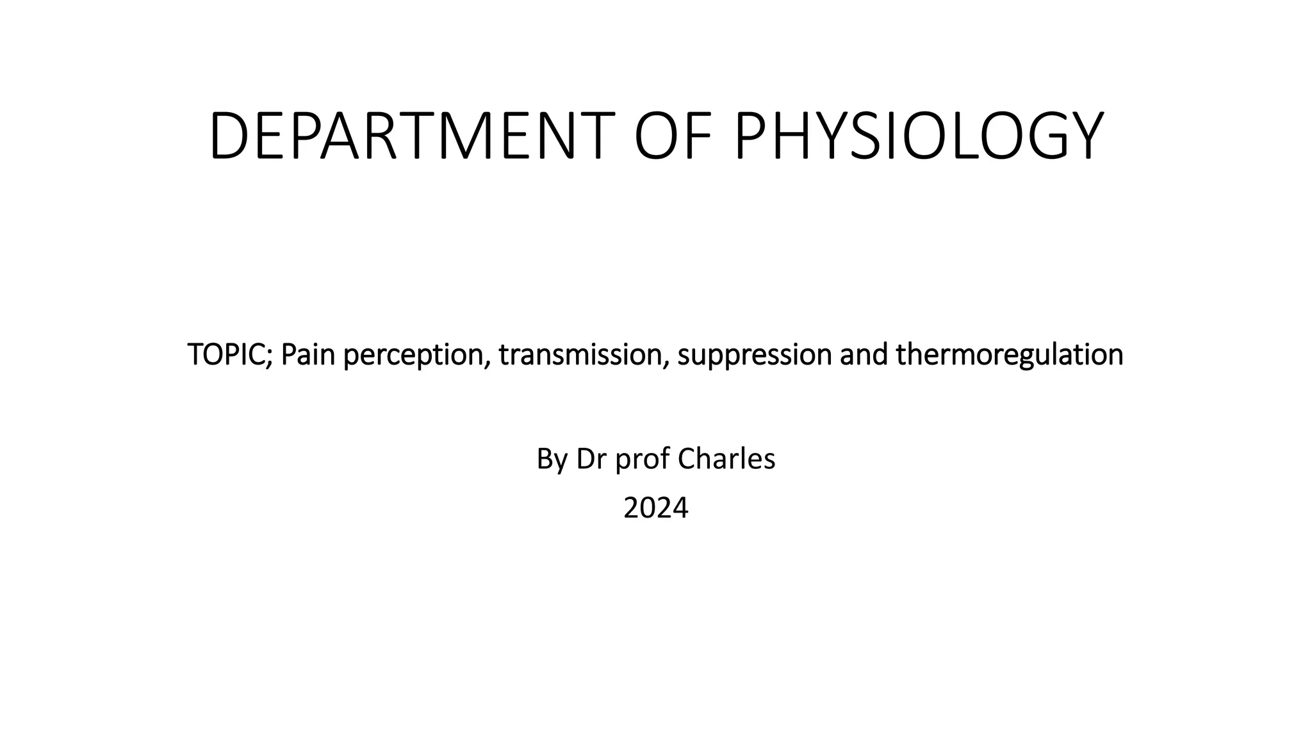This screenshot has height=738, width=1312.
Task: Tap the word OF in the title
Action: click(x=674, y=136)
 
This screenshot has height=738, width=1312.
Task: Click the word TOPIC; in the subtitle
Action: click(x=231, y=354)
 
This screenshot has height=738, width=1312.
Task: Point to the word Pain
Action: click(x=308, y=354)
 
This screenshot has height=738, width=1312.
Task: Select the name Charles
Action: click(x=726, y=459)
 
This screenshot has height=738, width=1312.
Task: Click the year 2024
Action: click(x=655, y=508)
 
